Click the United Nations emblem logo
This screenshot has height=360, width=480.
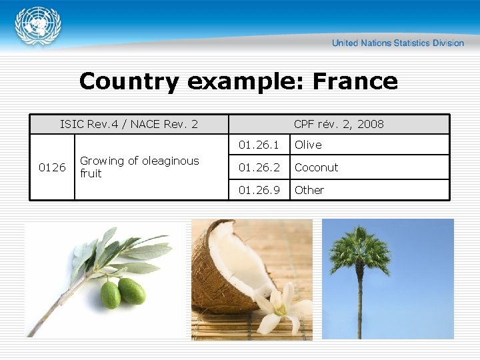click(38, 27)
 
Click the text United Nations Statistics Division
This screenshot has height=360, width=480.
click(397, 43)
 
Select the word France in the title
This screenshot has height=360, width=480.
click(355, 81)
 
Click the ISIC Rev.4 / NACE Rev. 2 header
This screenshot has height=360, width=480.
click(129, 124)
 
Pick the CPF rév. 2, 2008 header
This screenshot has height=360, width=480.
click(339, 124)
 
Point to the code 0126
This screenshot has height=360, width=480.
click(52, 167)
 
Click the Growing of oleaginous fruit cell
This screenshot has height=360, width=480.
click(139, 167)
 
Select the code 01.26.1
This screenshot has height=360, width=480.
click(259, 145)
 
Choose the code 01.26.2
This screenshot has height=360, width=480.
click(259, 167)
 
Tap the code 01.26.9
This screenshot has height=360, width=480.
click(259, 190)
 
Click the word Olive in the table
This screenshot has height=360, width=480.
click(308, 145)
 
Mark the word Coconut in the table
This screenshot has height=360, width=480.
click(316, 167)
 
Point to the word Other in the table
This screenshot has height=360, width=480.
click(309, 190)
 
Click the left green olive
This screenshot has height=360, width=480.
click(111, 294)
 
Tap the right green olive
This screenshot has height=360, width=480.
click(132, 291)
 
